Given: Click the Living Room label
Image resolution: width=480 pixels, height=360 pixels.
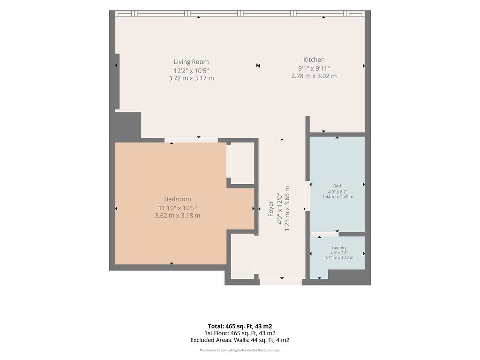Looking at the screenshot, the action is coord(191,62).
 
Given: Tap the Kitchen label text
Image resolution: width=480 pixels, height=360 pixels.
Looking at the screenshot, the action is coord(314,60).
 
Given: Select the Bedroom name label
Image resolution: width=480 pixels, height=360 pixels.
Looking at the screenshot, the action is coord(178,199).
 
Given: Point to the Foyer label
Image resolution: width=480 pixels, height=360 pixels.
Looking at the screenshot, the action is coord(270,209).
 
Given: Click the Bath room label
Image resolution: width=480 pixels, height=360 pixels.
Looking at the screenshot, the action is coord(337,186).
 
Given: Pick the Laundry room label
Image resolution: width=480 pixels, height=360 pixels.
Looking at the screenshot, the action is coord(339,247).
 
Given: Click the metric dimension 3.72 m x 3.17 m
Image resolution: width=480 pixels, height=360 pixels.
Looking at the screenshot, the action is coord(191,78).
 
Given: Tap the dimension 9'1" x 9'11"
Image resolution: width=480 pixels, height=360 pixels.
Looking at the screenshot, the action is coord(314,68).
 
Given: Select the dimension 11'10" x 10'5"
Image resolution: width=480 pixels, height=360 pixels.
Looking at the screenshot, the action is coord(178,208).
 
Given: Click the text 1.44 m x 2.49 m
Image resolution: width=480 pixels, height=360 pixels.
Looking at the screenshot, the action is coord(337,197).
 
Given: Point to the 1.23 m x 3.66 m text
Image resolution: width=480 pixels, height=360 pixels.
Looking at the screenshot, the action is coord(287,209).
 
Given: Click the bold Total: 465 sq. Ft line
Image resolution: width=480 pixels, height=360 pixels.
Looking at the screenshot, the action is coord(240,326).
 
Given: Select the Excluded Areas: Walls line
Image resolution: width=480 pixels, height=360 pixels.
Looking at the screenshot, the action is coord(240,340).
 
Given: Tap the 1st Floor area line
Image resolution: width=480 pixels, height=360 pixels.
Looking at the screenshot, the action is coord(240,333).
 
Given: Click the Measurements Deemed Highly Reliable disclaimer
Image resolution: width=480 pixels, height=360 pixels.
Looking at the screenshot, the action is coord(240,350).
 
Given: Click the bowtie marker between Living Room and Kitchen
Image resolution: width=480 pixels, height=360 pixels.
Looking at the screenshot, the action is coord(258,66).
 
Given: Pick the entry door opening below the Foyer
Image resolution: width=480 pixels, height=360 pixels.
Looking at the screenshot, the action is coord(281,282).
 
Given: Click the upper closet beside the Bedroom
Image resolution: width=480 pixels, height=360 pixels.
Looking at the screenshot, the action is coord(242,163).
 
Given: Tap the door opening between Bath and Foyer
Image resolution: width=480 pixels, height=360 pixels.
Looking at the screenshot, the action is coord(307,196).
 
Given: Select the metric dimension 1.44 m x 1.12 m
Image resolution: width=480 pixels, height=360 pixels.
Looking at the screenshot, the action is coord(339,257).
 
